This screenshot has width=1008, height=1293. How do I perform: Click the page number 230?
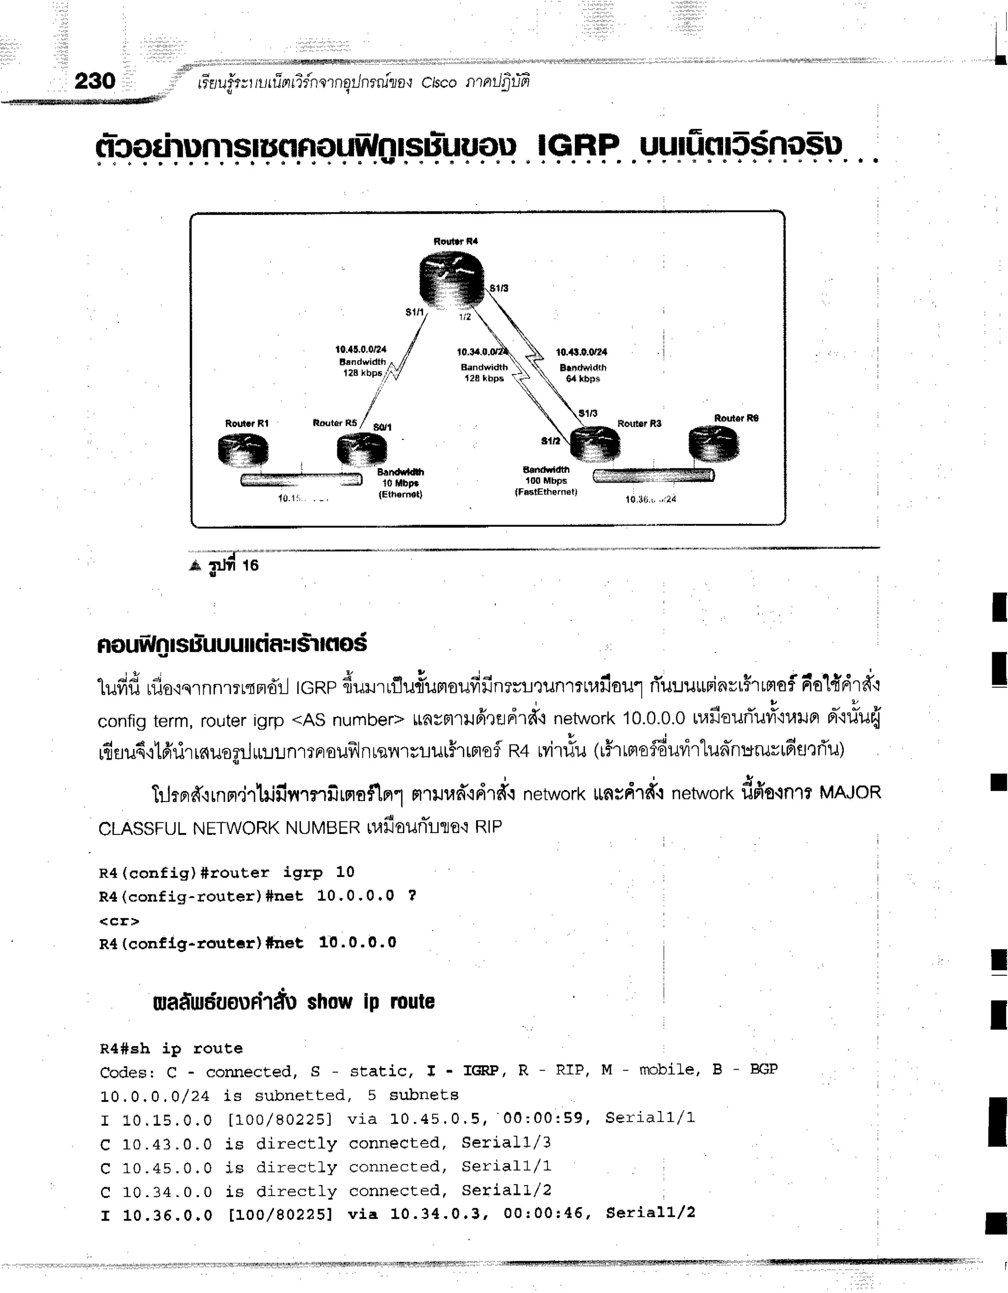(x=95, y=81)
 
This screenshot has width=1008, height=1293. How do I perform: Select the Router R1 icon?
(x=243, y=451)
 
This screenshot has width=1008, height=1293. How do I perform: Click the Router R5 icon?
(x=361, y=450)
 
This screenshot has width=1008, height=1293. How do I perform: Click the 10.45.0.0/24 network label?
(x=361, y=349)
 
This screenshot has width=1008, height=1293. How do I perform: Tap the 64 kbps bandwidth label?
(x=583, y=379)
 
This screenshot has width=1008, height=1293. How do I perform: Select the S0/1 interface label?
(x=382, y=427)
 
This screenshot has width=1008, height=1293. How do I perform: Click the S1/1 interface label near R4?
(x=414, y=312)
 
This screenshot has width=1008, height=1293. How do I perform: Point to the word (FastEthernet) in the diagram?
(x=545, y=492)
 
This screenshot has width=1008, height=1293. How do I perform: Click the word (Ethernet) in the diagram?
(x=400, y=494)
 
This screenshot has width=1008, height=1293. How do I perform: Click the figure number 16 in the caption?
(x=251, y=565)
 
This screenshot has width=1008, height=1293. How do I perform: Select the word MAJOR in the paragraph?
(x=850, y=792)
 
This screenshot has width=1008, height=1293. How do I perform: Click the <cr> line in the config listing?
(x=119, y=921)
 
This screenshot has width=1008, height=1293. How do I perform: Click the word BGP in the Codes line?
(x=763, y=1069)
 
